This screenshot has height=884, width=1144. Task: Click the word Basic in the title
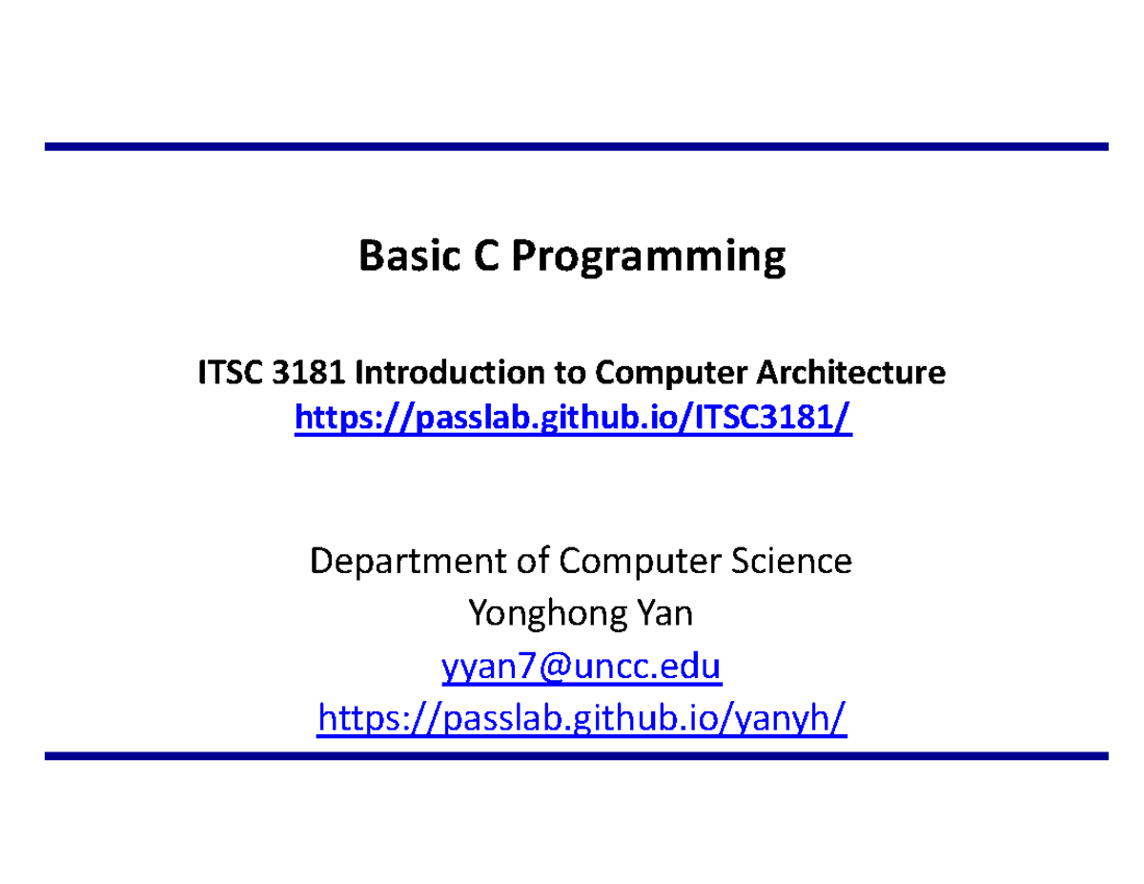point(409,256)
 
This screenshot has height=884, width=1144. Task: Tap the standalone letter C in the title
point(486,256)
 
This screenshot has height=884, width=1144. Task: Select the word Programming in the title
point(648,259)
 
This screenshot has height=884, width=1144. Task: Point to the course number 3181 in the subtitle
point(309,372)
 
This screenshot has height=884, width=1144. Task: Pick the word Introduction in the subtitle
point(450,372)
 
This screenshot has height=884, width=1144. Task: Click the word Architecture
point(850,372)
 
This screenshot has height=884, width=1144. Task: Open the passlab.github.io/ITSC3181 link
point(573,419)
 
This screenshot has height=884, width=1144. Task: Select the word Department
point(408,562)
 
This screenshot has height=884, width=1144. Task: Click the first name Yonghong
point(547,614)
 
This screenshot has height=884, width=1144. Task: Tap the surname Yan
point(664,613)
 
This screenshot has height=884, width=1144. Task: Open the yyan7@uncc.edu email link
point(582,668)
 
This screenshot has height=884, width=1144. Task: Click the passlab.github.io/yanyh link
point(582,719)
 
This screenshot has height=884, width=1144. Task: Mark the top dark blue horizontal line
point(577,146)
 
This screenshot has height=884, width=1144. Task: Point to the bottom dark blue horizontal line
point(577,756)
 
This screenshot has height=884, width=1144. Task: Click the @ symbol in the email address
point(556,667)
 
